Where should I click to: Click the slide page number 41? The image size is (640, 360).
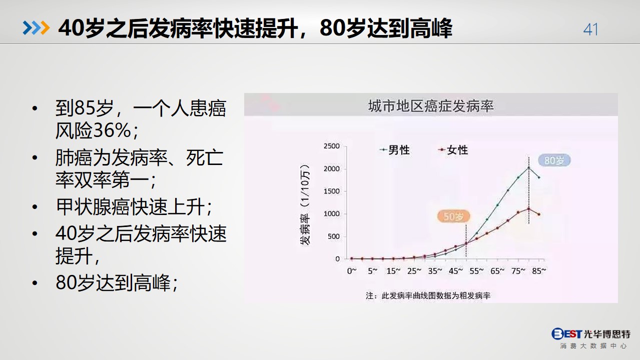tap(590, 29)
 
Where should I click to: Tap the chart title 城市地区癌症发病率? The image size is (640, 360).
tap(431, 106)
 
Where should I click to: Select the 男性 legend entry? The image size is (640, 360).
tap(395, 150)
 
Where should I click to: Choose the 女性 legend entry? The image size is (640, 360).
tap(453, 150)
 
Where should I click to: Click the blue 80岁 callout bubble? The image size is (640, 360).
tap(554, 160)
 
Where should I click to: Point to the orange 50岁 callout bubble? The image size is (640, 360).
tap(453, 216)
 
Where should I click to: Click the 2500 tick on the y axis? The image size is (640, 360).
tap(331, 146)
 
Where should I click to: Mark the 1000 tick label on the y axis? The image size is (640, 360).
tap(331, 214)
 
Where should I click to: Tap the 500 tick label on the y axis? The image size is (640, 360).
tap(333, 236)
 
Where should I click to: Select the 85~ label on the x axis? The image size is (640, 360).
tap(539, 271)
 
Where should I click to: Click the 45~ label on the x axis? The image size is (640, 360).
tap(456, 271)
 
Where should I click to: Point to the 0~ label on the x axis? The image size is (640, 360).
tap(352, 271)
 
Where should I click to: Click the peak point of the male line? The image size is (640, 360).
tap(528, 167)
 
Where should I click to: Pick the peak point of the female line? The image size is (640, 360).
tap(528, 209)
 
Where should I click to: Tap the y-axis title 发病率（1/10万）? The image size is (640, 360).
tap(305, 204)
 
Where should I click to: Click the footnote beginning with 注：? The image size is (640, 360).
tap(428, 296)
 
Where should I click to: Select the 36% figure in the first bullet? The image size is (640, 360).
tap(112, 130)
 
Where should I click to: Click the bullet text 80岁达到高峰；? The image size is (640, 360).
tap(117, 282)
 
